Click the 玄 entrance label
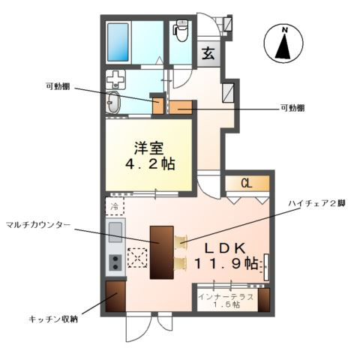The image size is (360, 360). coord(209,53)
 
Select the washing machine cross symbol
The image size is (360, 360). coord(115,79)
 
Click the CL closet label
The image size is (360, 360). coord(245,182)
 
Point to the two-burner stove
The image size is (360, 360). coord(115,262)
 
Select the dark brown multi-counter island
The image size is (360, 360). coord(161,252)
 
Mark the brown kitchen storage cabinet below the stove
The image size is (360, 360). coord(115,297)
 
